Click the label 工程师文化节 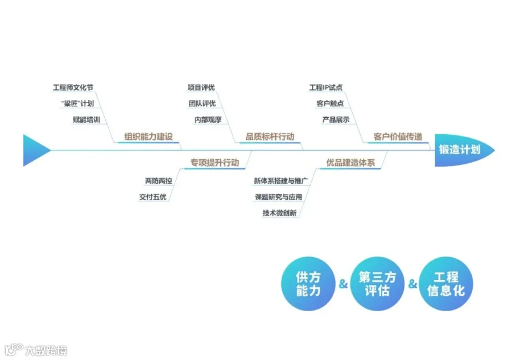73,88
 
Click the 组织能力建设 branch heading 148,136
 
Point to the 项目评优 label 201,88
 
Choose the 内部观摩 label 208,120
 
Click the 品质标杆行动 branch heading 270,136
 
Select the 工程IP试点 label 326,88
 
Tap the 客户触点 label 330,104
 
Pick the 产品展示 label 336,120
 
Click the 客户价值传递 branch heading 398,136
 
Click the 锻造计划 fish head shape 462,150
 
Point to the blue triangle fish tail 35,150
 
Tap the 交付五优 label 153,197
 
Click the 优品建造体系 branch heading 351,163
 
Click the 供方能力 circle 308,283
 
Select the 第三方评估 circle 377,283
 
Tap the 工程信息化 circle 446,283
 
